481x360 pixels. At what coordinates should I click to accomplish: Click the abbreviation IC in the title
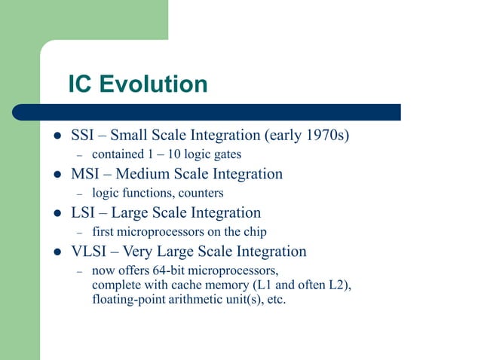pyautogui.click(x=81, y=84)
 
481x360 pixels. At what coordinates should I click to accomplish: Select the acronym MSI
pyautogui.click(x=85, y=175)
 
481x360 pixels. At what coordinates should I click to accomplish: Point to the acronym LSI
pyautogui.click(x=83, y=213)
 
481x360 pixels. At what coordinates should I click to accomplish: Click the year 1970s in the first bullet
pyautogui.click(x=326, y=136)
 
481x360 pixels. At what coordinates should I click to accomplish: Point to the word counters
pyautogui.click(x=201, y=194)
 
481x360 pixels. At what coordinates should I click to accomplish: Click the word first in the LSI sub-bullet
pyautogui.click(x=103, y=232)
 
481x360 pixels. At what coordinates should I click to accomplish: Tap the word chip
pyautogui.click(x=252, y=232)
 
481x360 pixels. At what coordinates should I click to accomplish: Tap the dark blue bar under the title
pyautogui.click(x=226, y=112)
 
